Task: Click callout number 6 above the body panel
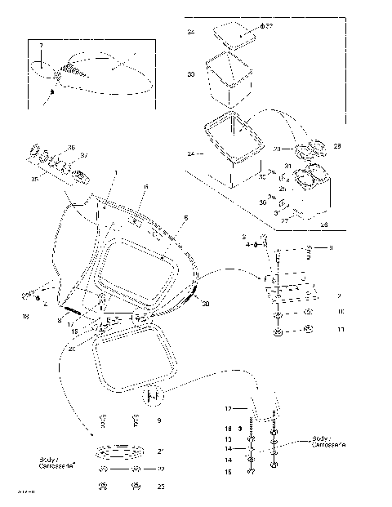point(145,188)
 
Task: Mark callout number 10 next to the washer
point(341,311)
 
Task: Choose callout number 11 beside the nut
point(341,329)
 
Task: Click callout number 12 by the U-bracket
point(229,407)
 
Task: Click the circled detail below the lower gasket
point(151,398)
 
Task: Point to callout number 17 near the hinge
point(70,324)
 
